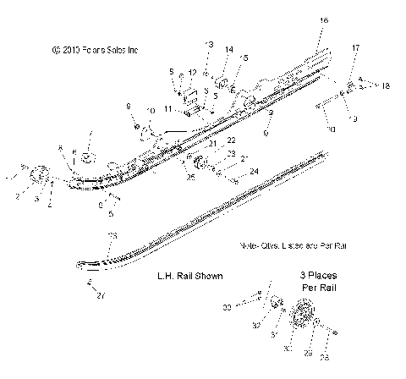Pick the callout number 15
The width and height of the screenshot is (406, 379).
[244, 58]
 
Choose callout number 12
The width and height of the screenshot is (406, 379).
[192, 73]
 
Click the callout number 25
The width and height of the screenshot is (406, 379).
[190, 176]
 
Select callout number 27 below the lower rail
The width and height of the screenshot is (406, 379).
[102, 295]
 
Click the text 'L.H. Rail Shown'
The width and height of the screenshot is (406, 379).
[189, 275]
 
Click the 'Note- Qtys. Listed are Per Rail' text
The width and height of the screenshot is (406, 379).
[293, 244]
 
